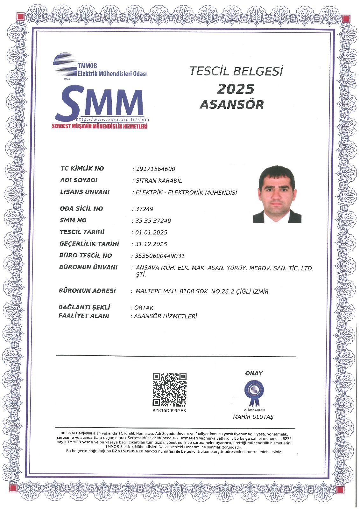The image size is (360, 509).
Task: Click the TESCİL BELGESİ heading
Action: click(x=236, y=71)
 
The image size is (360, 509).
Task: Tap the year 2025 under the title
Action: click(x=236, y=89)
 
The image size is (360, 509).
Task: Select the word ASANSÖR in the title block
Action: click(x=232, y=104)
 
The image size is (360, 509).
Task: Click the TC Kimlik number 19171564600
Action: click(x=155, y=169)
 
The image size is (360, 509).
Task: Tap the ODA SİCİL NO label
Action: click(x=81, y=209)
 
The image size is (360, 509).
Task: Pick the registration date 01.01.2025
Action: click(x=151, y=233)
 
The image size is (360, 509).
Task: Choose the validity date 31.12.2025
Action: click(x=151, y=244)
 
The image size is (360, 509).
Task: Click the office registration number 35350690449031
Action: click(x=160, y=256)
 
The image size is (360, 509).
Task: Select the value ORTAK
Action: click(x=144, y=308)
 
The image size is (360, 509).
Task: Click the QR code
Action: click(x=170, y=390)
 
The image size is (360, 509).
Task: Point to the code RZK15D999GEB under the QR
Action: click(x=169, y=411)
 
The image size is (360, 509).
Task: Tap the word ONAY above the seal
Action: click(x=254, y=373)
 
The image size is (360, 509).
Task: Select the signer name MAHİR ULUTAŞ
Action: click(x=253, y=417)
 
